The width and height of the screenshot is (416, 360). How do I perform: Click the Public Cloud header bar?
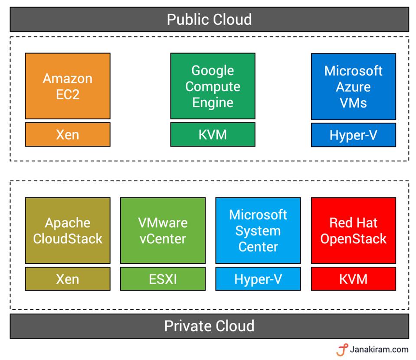click(209, 20)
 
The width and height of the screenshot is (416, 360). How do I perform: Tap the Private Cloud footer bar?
click(209, 326)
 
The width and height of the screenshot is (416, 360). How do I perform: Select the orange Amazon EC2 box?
click(68, 86)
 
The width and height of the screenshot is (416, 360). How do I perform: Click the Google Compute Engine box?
click(213, 86)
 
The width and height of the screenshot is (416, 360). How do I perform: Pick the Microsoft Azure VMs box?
click(353, 86)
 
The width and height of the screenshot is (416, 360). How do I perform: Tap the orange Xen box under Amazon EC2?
click(68, 134)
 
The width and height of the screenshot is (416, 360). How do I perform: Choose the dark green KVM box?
click(213, 134)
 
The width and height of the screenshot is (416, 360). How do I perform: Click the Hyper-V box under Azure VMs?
click(353, 135)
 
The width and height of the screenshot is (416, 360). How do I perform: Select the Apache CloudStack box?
click(68, 230)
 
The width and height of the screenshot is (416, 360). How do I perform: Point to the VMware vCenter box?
click(163, 230)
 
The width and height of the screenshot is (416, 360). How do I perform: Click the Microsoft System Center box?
click(258, 230)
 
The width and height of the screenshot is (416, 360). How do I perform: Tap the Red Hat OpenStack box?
click(353, 230)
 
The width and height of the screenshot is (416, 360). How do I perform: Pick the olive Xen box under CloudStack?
click(68, 279)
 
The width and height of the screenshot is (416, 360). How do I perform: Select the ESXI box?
click(163, 279)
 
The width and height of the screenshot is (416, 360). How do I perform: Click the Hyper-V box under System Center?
click(258, 279)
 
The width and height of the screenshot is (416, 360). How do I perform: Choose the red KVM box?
click(353, 279)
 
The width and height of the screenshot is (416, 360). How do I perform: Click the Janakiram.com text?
click(379, 349)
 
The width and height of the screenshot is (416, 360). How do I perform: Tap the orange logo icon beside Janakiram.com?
click(342, 350)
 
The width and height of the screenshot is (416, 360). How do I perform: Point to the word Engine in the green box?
click(213, 103)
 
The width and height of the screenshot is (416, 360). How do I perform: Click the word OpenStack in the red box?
click(353, 239)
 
